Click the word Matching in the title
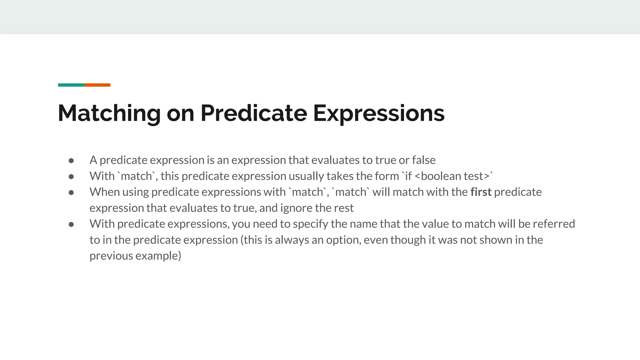109,113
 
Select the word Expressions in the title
379,113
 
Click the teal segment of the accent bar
71,85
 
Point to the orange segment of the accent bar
97,85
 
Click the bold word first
481,192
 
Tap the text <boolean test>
452,176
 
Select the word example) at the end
158,256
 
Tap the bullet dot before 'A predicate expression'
71,161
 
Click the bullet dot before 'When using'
71,192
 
